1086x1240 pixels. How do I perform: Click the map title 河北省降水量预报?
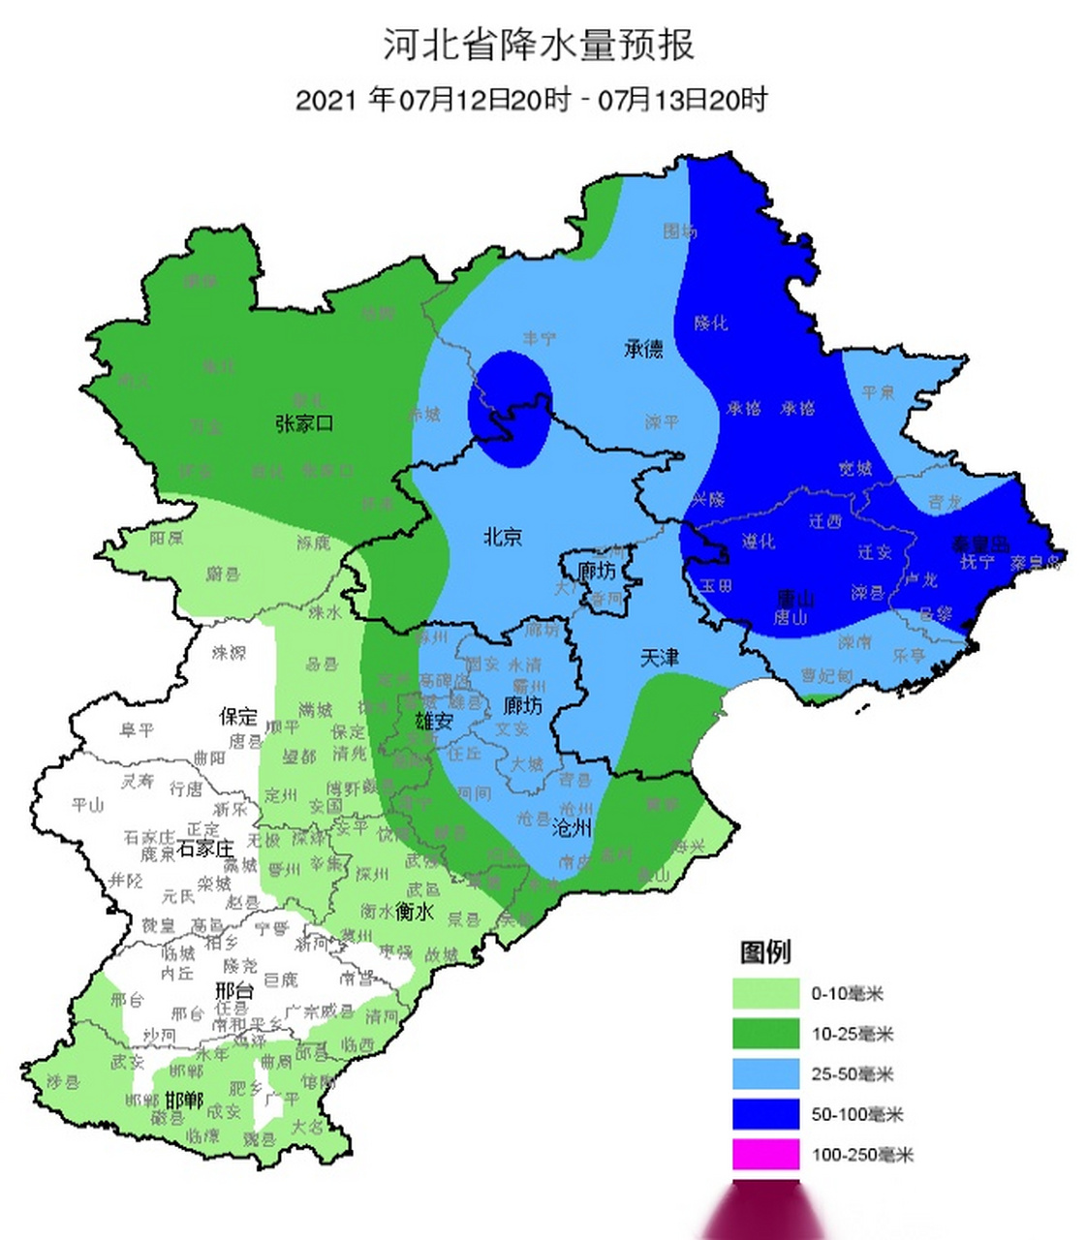click(539, 46)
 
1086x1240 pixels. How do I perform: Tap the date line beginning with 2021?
click(531, 100)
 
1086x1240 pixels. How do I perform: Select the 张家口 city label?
click(304, 423)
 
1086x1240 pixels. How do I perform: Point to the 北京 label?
click(503, 536)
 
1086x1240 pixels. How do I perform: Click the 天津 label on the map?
click(660, 658)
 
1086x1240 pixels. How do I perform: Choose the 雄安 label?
click(434, 721)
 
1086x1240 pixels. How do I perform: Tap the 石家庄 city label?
click(206, 849)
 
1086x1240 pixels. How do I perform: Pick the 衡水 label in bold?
click(415, 912)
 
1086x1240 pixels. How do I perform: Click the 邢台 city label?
click(233, 990)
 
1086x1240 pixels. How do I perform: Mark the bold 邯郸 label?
click(183, 1100)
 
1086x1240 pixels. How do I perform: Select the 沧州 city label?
click(572, 828)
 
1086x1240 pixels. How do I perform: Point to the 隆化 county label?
click(710, 323)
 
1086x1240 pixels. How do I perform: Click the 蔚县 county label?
click(222, 574)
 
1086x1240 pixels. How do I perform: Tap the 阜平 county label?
click(137, 729)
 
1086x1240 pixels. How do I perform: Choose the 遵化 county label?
click(759, 542)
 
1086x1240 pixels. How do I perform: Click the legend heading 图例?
click(765, 952)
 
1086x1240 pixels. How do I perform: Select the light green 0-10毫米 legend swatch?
click(765, 994)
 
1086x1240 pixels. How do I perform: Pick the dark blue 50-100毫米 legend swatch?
click(765, 1114)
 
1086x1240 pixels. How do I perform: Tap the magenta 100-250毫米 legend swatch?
click(765, 1155)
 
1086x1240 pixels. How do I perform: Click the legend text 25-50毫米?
click(852, 1074)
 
